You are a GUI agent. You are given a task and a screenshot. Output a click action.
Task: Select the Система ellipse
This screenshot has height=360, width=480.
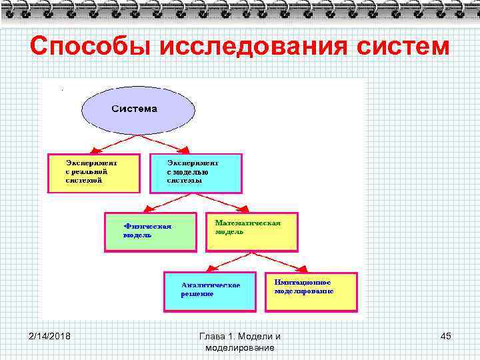(135, 109)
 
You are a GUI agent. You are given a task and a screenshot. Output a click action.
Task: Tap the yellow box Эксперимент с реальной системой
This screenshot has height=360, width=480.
(93, 173)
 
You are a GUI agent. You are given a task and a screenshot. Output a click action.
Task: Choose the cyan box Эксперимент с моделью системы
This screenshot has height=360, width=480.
(195, 173)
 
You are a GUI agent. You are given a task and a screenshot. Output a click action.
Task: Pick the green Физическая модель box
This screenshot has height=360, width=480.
(151, 232)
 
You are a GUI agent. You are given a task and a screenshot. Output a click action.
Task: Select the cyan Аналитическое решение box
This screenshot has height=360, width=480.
(210, 291)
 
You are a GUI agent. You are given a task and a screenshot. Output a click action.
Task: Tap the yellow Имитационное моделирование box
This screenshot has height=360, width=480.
(311, 291)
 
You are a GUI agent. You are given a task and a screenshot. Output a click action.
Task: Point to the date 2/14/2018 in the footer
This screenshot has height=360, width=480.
(50, 336)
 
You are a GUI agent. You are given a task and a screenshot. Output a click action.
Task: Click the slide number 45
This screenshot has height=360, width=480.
(445, 336)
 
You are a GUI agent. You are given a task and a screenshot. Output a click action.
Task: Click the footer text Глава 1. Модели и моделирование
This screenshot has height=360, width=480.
(240, 341)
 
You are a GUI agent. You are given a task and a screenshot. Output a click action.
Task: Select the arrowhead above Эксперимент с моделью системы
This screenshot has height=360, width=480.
(185, 149)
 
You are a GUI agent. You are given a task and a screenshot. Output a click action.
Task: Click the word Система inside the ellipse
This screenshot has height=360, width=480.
(135, 109)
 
